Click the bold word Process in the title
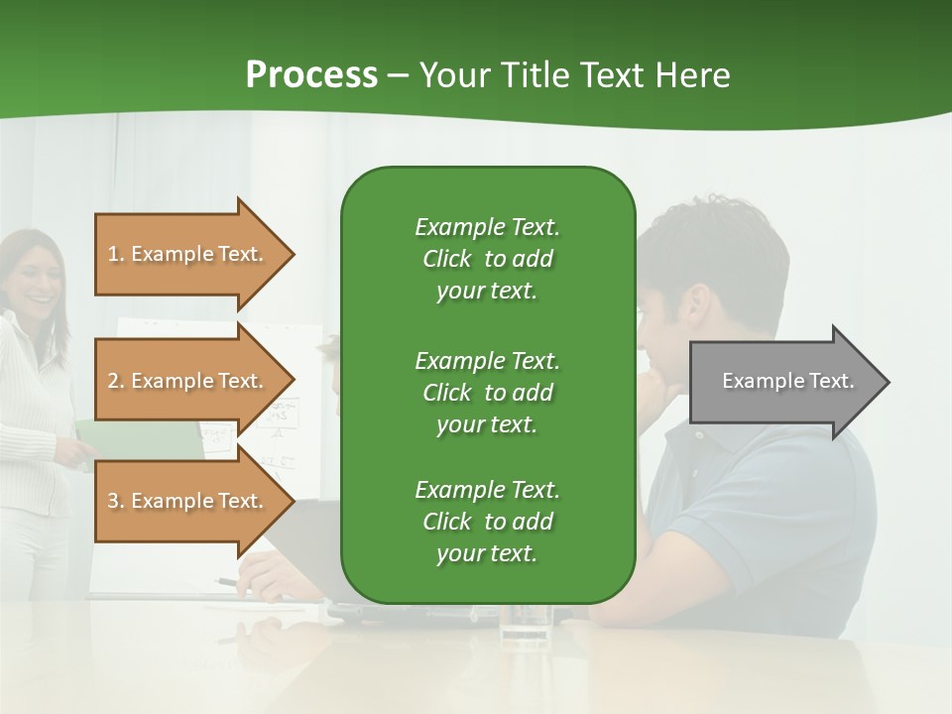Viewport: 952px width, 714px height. [311, 75]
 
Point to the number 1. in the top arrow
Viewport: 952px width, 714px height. [116, 254]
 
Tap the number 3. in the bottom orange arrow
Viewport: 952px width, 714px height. [116, 501]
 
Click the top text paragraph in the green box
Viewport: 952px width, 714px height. [487, 259]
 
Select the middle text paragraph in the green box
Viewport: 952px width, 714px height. [487, 393]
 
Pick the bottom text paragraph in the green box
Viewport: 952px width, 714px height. [487, 522]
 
